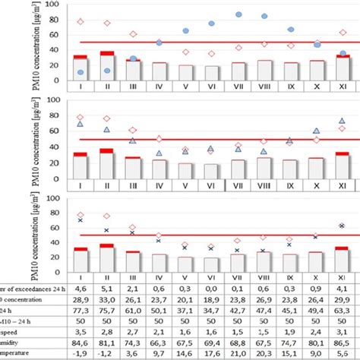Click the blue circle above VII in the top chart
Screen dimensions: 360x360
[239, 14]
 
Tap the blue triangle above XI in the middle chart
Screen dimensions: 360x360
[342, 121]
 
